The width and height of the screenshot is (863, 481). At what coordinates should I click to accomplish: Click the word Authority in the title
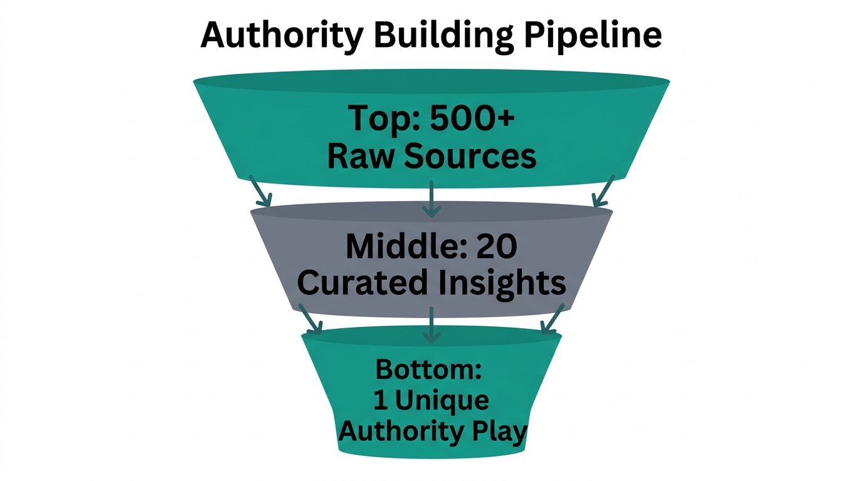click(x=282, y=36)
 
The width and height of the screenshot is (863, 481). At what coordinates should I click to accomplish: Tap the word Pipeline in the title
click(x=593, y=36)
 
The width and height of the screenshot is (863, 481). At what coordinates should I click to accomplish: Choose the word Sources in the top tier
click(x=469, y=156)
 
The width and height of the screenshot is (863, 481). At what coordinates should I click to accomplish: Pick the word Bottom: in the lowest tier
click(x=428, y=370)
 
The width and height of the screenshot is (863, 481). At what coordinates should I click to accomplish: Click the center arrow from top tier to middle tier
click(x=431, y=199)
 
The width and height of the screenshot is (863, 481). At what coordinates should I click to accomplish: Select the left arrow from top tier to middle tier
click(x=261, y=192)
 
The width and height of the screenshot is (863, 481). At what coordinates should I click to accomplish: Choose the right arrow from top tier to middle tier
click(x=602, y=192)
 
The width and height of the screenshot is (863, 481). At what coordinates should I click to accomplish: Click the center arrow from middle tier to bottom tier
click(x=431, y=324)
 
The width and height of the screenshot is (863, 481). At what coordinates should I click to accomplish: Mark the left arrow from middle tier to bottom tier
click(x=310, y=319)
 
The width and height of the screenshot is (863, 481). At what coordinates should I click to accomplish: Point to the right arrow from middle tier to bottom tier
click(x=552, y=319)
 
